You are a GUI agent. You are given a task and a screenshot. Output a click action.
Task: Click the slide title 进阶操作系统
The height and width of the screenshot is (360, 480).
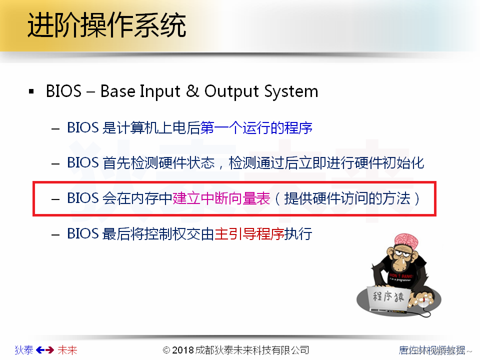(106, 26)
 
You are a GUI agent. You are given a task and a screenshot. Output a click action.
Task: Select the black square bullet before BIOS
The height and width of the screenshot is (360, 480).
(32, 92)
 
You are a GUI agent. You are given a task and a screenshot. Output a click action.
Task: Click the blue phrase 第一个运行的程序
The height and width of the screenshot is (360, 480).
(256, 128)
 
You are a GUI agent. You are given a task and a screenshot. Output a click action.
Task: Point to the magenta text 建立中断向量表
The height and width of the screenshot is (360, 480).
(221, 198)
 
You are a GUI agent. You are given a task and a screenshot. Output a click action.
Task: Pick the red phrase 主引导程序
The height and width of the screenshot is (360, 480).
(249, 233)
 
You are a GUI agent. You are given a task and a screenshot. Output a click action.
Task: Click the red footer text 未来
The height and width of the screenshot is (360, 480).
(67, 350)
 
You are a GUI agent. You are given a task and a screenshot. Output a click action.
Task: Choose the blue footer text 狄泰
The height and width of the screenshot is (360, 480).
(24, 350)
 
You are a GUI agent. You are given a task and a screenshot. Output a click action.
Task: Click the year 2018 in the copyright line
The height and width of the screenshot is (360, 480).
(183, 350)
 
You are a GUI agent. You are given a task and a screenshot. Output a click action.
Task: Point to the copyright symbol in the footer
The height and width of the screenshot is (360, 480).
(167, 350)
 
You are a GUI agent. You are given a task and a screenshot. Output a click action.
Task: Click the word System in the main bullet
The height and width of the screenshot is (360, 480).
(292, 91)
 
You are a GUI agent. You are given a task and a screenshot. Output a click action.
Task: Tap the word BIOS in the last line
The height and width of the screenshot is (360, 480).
(83, 233)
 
